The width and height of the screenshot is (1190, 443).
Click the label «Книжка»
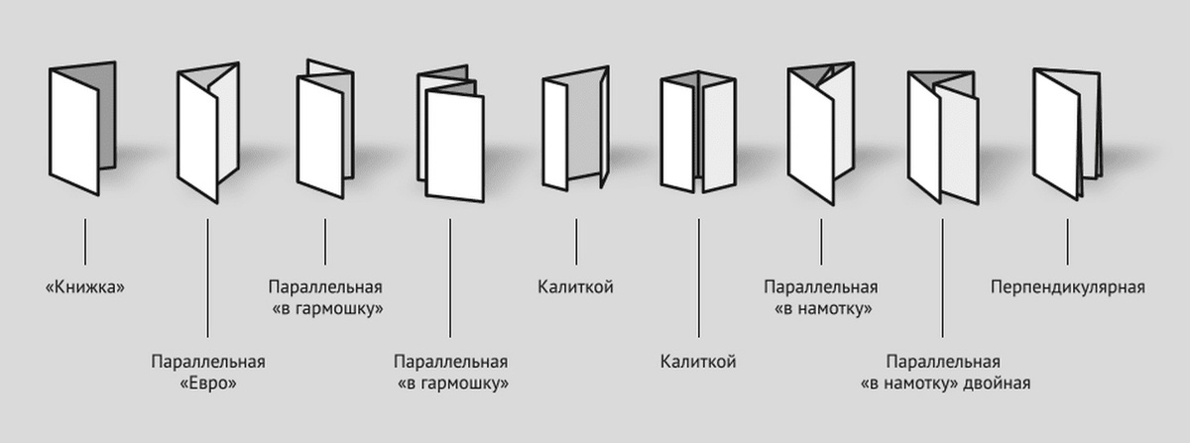click(x=85, y=288)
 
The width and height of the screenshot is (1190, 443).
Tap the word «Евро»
click(x=207, y=383)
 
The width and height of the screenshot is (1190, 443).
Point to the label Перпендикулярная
click(x=1067, y=288)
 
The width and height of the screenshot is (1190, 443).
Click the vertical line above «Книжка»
click(x=85, y=242)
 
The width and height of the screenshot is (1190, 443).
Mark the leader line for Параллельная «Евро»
click(x=207, y=277)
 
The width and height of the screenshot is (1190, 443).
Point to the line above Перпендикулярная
click(x=1067, y=242)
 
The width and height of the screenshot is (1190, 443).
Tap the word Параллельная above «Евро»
click(x=207, y=362)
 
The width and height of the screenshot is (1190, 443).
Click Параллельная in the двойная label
click(x=942, y=362)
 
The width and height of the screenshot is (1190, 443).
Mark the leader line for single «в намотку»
click(x=821, y=242)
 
